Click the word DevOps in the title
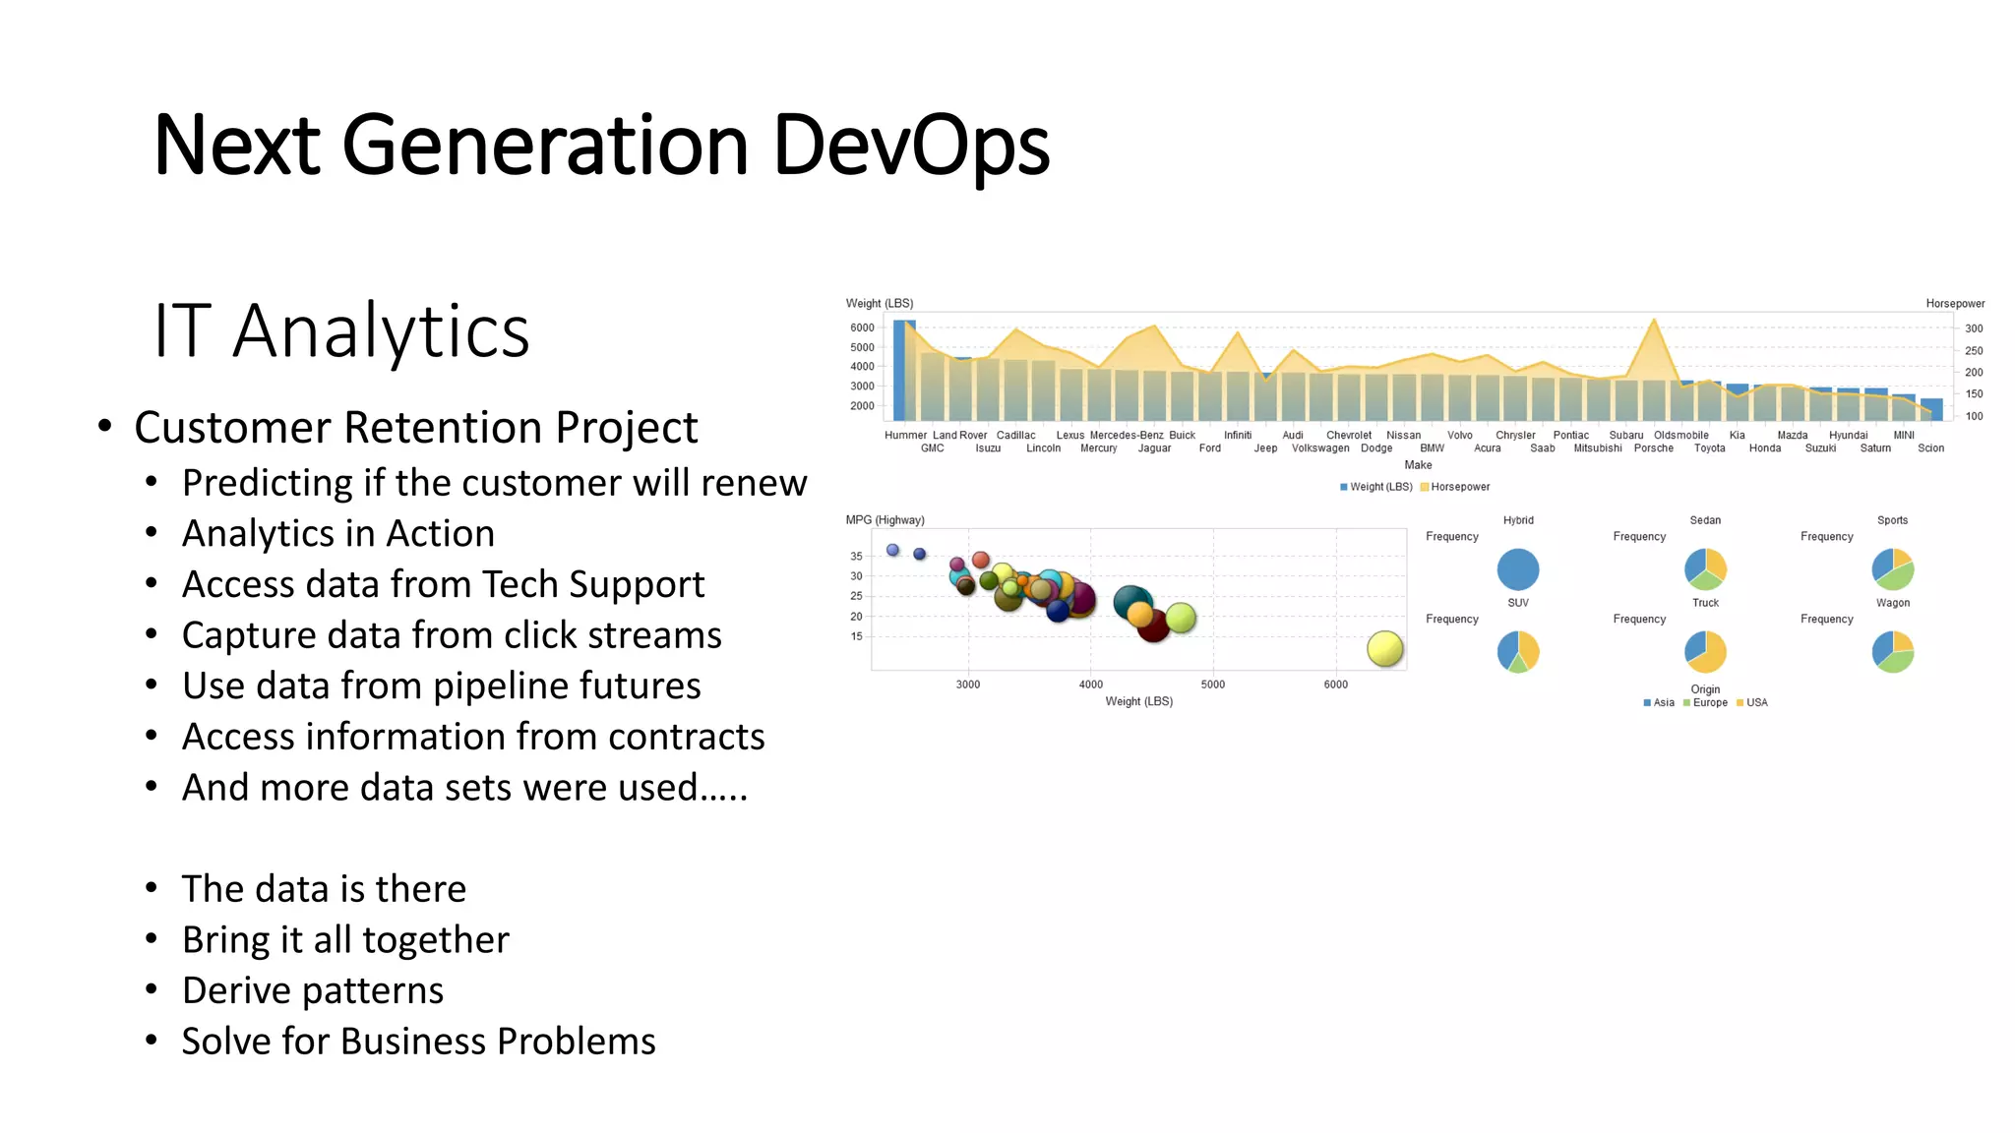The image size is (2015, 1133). coord(910,146)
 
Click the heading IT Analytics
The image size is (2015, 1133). coord(341,330)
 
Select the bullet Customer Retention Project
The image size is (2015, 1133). coord(415,427)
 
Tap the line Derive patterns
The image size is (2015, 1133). coord(312,990)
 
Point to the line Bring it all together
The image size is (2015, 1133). coord(345,939)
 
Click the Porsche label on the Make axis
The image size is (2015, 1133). coord(1653,448)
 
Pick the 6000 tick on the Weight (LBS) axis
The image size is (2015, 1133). coord(862,328)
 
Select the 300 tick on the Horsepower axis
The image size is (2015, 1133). coord(1974,328)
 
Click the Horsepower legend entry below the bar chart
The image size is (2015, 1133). coord(1459,487)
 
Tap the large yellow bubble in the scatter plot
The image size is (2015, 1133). coord(1384,648)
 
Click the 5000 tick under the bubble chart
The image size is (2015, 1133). coord(1212,685)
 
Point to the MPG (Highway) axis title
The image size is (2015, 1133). coord(885,520)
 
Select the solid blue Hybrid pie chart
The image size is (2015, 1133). coord(1517,569)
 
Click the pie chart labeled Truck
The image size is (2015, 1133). coord(1705,651)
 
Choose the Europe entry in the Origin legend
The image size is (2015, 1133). coord(1709,703)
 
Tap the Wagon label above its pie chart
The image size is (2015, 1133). coord(1892,603)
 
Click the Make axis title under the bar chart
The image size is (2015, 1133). coord(1418,465)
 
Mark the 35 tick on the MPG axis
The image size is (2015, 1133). coord(856,557)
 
